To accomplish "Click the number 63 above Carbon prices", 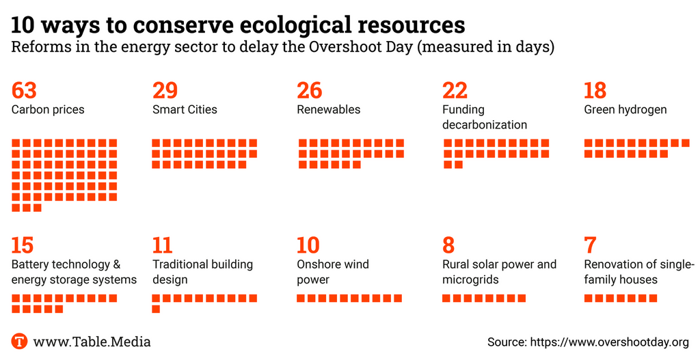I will pos(24,90).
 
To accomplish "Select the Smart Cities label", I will pos(185,109).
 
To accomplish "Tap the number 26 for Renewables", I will pos(309,90).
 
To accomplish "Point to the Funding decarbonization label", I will pos(484,117).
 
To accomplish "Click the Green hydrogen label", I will pos(625,109).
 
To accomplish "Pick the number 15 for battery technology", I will pos(22,245).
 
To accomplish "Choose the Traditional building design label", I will pos(202,272).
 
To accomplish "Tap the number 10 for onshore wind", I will pos(308,245).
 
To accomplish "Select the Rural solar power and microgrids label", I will pos(499,272).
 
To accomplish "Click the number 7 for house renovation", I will pos(590,245).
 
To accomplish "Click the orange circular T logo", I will pos(19,342).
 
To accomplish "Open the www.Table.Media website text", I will pos(92,342).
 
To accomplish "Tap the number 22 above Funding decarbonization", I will pos(455,90).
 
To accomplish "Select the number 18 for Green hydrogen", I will pos(595,90).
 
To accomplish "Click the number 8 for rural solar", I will pos(448,245).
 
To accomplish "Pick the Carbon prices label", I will pos(48,109).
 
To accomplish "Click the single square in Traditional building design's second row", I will pos(156,309).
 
